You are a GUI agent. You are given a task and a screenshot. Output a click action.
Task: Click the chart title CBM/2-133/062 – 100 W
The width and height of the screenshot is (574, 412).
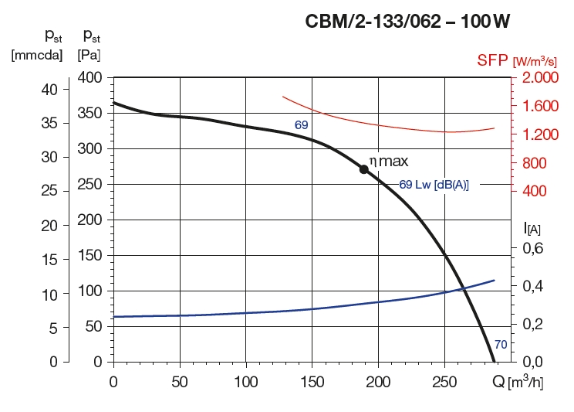coord(408,22)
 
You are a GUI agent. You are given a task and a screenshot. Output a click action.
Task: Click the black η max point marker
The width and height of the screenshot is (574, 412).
coord(363,169)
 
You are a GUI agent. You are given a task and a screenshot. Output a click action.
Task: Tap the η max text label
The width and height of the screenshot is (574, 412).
coord(388,162)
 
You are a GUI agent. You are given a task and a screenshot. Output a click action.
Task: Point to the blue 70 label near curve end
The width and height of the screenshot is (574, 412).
coord(500,345)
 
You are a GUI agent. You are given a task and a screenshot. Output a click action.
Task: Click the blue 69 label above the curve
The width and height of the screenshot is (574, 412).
coord(302,124)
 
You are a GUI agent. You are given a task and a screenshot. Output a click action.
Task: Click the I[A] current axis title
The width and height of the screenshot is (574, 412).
coord(532,227)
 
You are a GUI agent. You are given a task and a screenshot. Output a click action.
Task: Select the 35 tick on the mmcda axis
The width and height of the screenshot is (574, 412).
coord(48,122)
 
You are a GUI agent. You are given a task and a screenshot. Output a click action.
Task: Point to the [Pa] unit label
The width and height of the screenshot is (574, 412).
coord(89,55)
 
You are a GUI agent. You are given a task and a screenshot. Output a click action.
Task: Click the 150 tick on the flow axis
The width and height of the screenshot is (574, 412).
coord(312,382)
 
